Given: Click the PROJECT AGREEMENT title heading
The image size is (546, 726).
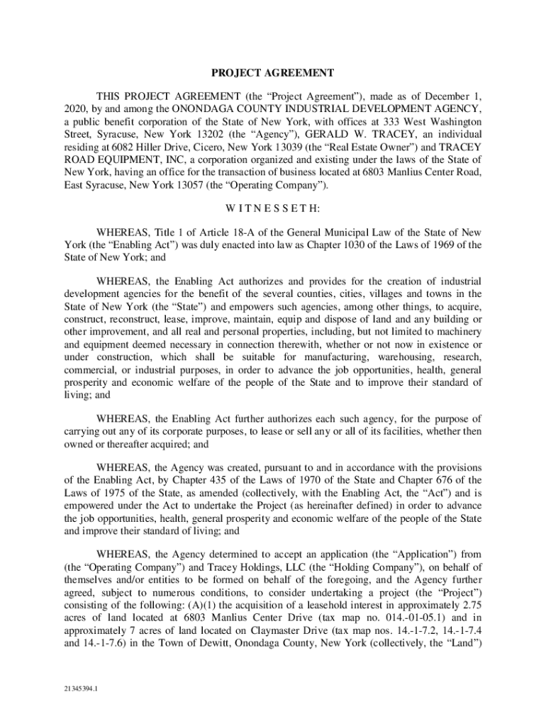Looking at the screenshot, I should (x=273, y=72).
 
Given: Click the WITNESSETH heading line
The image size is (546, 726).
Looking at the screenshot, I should (x=273, y=208).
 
